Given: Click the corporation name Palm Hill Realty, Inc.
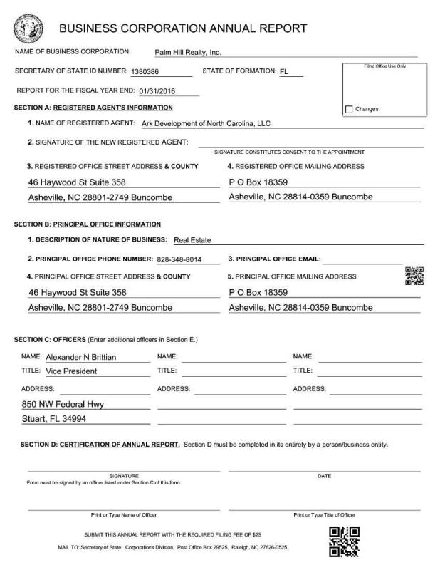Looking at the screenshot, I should coord(188,52).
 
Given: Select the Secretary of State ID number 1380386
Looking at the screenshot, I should coord(145,72).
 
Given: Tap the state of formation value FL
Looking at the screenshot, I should coord(284,72).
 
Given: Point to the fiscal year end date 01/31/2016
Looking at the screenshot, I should coord(158,91).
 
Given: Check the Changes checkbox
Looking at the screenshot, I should coord(349,109).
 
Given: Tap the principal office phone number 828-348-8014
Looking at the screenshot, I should coord(179,259).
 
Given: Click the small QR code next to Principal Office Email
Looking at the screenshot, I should coord(414,276).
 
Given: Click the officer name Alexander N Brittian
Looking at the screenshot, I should coord(80,357).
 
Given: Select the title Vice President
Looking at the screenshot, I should coord(75,371).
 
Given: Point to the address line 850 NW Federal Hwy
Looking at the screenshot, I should coord(63,405).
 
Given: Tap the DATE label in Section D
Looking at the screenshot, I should coord(324,475).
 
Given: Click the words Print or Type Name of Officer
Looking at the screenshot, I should coord(124,514).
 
